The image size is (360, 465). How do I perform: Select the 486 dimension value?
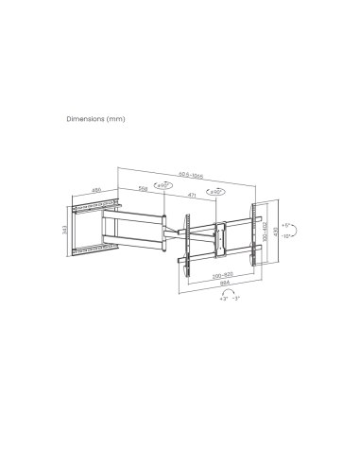click(x=96, y=192)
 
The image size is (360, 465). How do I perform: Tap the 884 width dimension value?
click(x=223, y=280)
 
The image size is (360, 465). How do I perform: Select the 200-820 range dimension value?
click(x=223, y=272)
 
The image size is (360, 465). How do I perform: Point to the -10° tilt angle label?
click(x=286, y=237)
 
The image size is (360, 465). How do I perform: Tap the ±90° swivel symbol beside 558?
click(x=163, y=186)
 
